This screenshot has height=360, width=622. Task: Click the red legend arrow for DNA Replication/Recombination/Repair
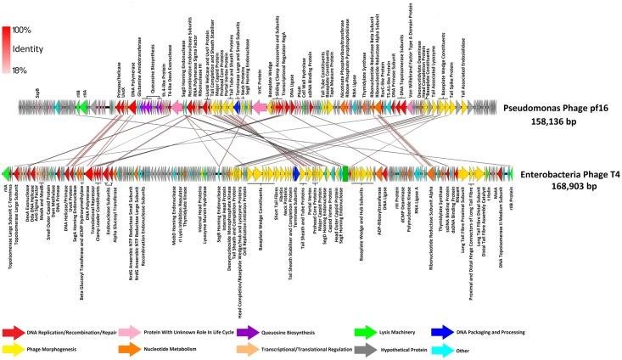14,311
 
